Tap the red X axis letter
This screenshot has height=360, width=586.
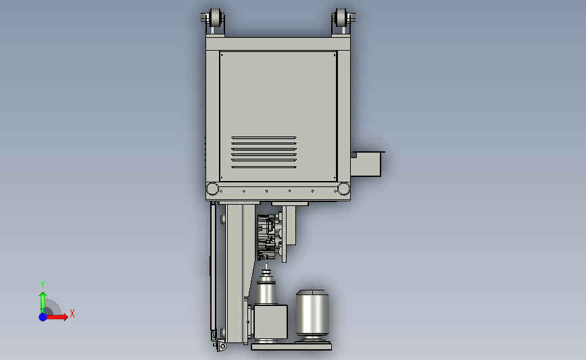(72, 313)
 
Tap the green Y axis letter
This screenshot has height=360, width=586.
(42, 284)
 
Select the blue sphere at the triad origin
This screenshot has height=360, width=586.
(43, 317)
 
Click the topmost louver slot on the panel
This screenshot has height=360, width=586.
(264, 138)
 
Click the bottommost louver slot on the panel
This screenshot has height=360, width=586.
(264, 167)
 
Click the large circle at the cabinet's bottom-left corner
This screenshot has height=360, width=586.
(212, 189)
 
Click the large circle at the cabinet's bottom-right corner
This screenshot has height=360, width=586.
(343, 189)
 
